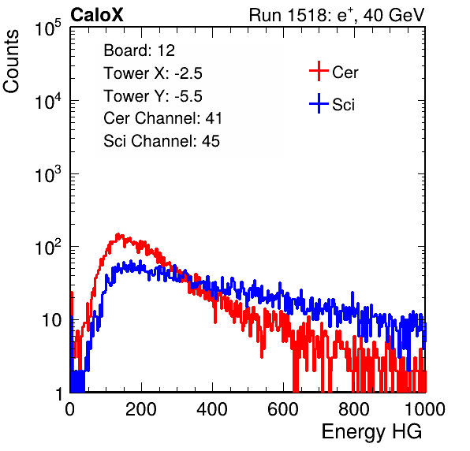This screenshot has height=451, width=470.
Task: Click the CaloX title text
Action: (97, 15)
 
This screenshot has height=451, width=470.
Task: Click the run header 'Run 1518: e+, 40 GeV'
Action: (337, 15)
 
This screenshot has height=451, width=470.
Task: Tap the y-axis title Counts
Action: (11, 61)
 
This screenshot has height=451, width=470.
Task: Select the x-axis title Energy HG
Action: (371, 432)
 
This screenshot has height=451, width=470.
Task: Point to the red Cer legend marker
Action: (319, 71)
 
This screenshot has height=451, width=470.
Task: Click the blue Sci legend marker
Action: (319, 103)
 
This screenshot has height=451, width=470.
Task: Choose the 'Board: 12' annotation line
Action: (139, 50)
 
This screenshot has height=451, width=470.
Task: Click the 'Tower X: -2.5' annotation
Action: (153, 73)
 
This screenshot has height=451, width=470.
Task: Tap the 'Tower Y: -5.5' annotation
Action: (153, 96)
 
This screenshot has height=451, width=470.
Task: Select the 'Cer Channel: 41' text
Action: (162, 118)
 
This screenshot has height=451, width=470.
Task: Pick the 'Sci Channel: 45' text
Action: (162, 141)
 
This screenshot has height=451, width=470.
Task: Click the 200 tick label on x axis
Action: (141, 409)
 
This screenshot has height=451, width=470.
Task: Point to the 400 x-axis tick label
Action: (212, 409)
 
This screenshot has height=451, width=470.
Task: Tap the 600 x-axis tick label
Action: (283, 409)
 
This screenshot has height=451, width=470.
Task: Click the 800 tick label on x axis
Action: (354, 409)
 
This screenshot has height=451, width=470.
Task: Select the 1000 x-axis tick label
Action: (425, 409)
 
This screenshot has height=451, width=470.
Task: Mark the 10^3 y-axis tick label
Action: (48, 174)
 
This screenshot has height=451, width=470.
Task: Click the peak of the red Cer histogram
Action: (118, 234)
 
